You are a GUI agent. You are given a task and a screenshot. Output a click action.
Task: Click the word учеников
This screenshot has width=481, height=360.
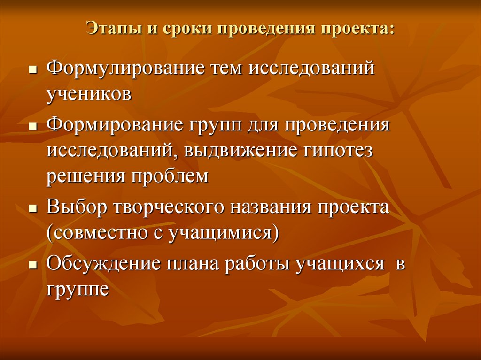(x=88, y=94)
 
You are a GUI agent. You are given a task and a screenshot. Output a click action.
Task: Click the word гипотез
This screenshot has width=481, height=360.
(x=337, y=151)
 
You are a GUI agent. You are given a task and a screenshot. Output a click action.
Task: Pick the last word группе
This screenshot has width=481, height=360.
(x=78, y=289)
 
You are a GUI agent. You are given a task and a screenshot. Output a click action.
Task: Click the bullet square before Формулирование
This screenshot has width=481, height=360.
(x=32, y=69)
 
